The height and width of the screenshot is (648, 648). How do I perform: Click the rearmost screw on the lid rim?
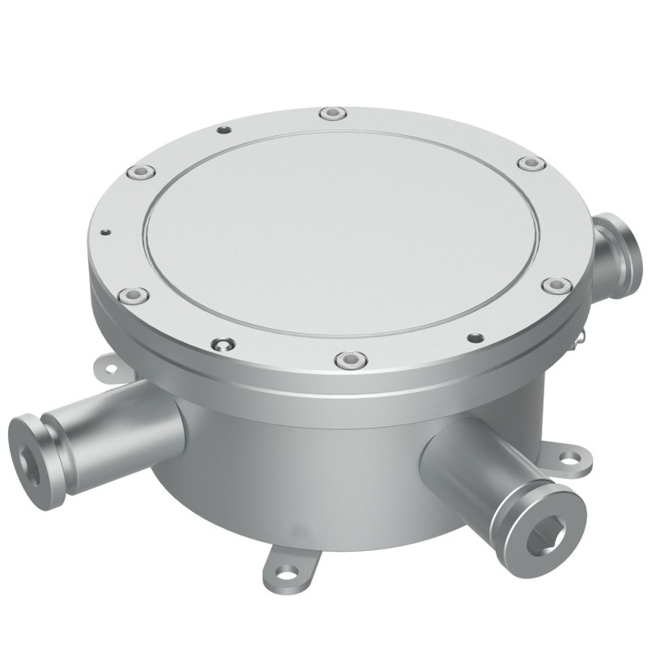click(330, 113)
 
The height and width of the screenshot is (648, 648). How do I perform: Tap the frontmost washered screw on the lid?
click(347, 357)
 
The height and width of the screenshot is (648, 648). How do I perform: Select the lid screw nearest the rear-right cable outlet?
click(530, 164)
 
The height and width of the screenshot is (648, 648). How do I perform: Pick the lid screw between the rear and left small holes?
click(141, 172)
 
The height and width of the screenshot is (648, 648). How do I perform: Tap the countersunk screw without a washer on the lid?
click(220, 345)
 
